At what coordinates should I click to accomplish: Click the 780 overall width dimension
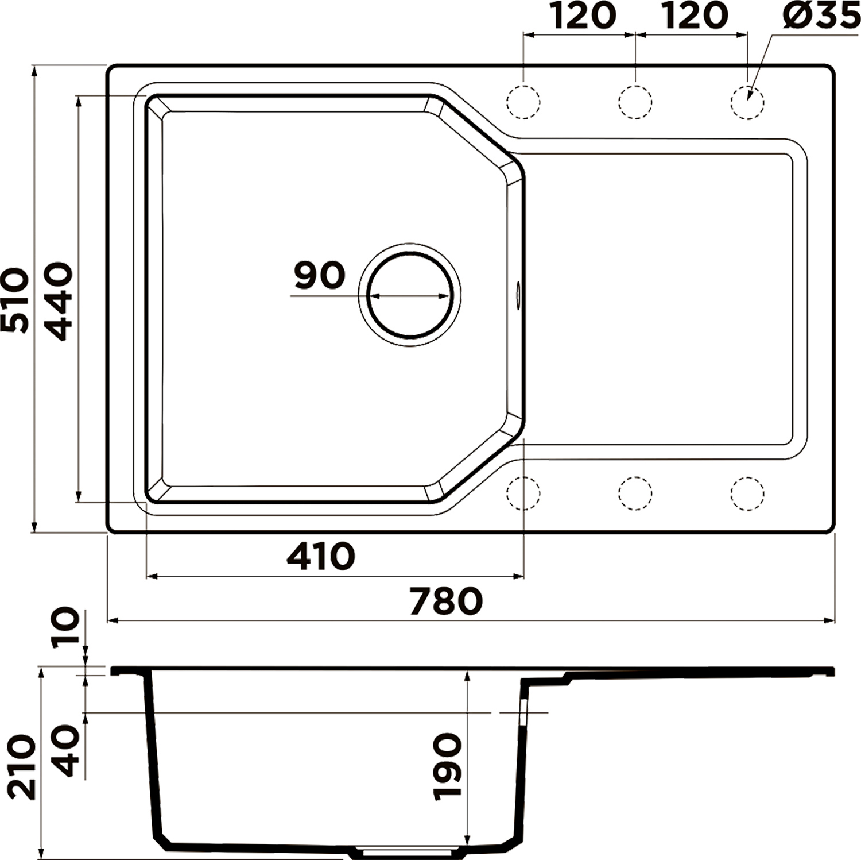pyautogui.click(x=446, y=600)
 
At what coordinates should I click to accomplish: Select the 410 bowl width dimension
pyautogui.click(x=321, y=556)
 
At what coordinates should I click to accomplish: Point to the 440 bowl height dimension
pyautogui.click(x=59, y=301)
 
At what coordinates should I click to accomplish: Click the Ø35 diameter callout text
pyautogui.click(x=821, y=16)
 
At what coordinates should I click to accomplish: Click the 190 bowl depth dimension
pyautogui.click(x=448, y=766)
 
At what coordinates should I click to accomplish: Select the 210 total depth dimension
pyautogui.click(x=23, y=766)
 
